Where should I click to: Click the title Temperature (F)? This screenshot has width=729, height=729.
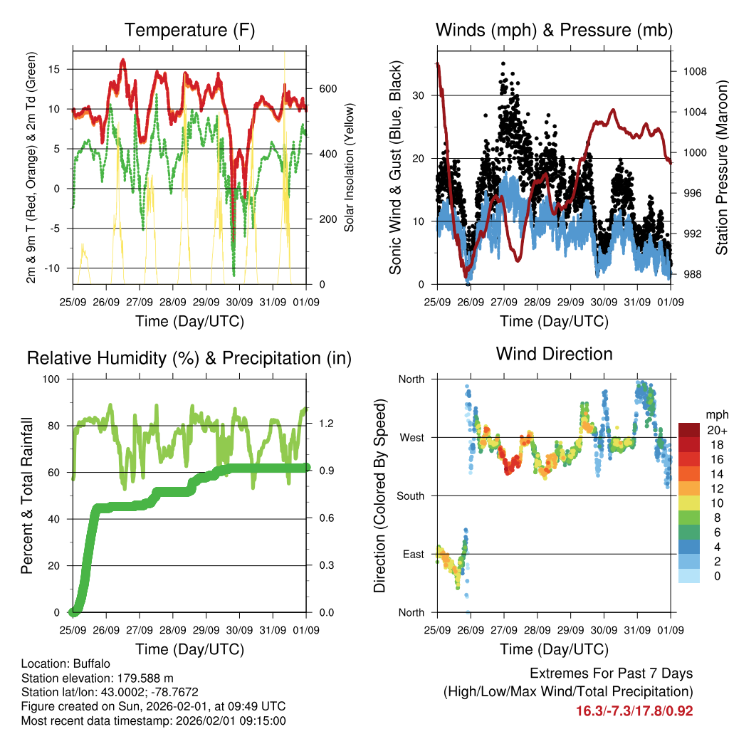tap(189, 30)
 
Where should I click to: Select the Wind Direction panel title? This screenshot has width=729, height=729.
tap(554, 353)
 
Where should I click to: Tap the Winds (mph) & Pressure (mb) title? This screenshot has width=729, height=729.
tap(554, 30)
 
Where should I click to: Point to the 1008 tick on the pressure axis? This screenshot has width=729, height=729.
tap(689, 71)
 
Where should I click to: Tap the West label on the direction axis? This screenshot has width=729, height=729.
tap(411, 438)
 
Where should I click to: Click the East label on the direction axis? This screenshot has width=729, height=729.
tap(412, 555)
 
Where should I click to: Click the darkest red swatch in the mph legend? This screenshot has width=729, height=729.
tap(690, 430)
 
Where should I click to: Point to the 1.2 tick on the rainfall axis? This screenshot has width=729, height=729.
tap(325, 424)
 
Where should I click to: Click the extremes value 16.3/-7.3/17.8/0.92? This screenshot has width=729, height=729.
tap(634, 710)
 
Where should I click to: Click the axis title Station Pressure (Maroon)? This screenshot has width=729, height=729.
tap(721, 167)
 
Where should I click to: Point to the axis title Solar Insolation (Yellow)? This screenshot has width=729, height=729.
tap(350, 167)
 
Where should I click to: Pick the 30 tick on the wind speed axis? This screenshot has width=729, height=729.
tap(421, 95)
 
